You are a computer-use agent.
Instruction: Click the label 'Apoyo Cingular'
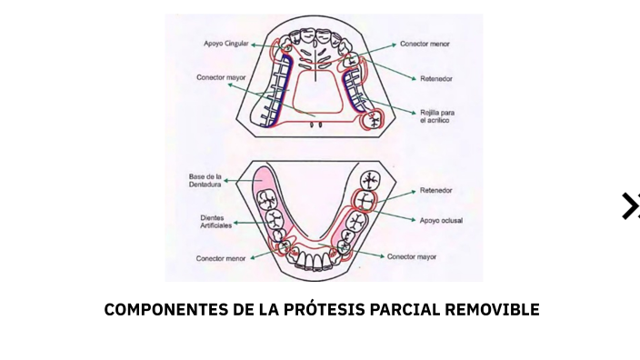coord(225,44)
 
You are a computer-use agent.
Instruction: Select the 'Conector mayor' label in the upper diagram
coord(221,77)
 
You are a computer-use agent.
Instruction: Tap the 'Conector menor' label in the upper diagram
coord(425,44)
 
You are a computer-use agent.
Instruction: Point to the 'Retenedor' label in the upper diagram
coord(436,79)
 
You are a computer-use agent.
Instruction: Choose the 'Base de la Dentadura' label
coord(205,179)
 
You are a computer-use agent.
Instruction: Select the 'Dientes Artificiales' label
coord(216,221)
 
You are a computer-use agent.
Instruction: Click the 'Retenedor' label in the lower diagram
coord(436,191)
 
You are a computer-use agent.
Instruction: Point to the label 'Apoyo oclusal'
coord(441,220)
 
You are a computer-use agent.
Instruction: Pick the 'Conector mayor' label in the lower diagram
coord(412,257)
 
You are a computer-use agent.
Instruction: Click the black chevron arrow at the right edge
coord(630,206)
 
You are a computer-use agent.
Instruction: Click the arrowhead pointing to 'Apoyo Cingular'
coord(255,44)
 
